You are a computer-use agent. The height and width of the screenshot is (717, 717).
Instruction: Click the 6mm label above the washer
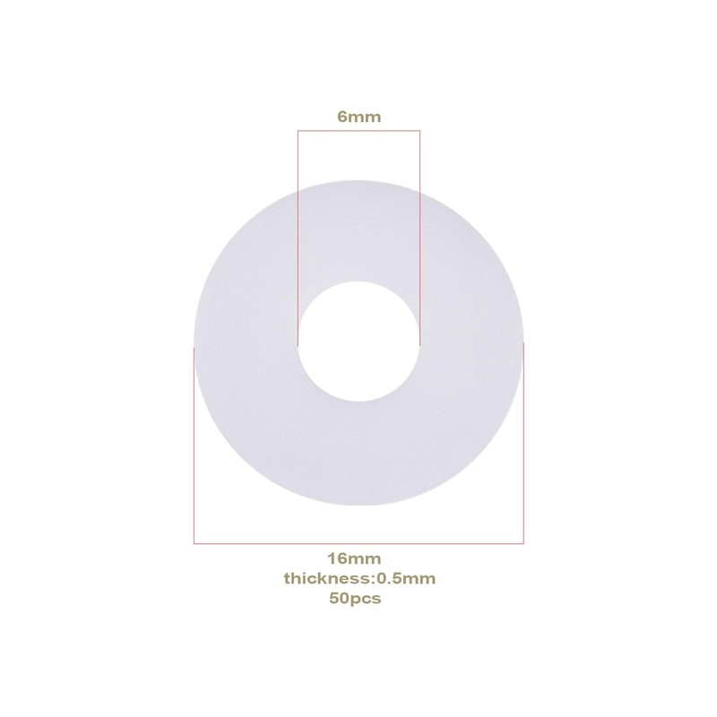click(359, 117)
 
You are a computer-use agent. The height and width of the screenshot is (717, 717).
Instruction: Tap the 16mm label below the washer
click(354, 558)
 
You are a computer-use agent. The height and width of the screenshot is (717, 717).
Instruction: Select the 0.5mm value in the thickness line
click(406, 578)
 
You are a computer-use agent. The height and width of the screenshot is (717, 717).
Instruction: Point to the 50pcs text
click(355, 599)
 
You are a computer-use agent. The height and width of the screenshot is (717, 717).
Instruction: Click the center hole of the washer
click(359, 341)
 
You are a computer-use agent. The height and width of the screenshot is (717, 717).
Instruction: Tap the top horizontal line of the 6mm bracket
click(359, 131)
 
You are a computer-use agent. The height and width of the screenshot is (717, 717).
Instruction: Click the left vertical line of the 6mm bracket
click(298, 238)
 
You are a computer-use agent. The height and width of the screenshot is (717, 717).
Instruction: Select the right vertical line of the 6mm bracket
click(419, 238)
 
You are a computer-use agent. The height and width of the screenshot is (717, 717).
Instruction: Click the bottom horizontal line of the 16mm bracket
click(359, 543)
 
